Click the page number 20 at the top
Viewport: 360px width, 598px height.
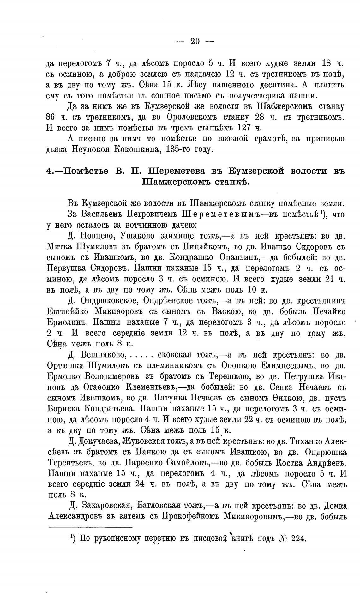click(195, 41)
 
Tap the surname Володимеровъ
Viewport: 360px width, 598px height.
click(115, 376)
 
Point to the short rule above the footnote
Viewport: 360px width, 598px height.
click(91, 527)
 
